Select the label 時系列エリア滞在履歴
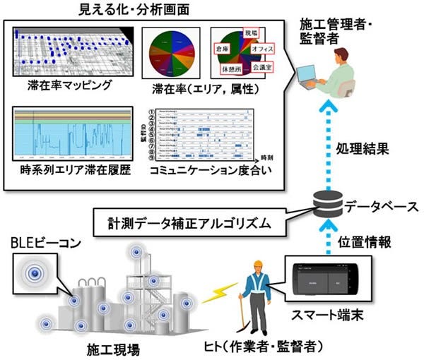(72, 172)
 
